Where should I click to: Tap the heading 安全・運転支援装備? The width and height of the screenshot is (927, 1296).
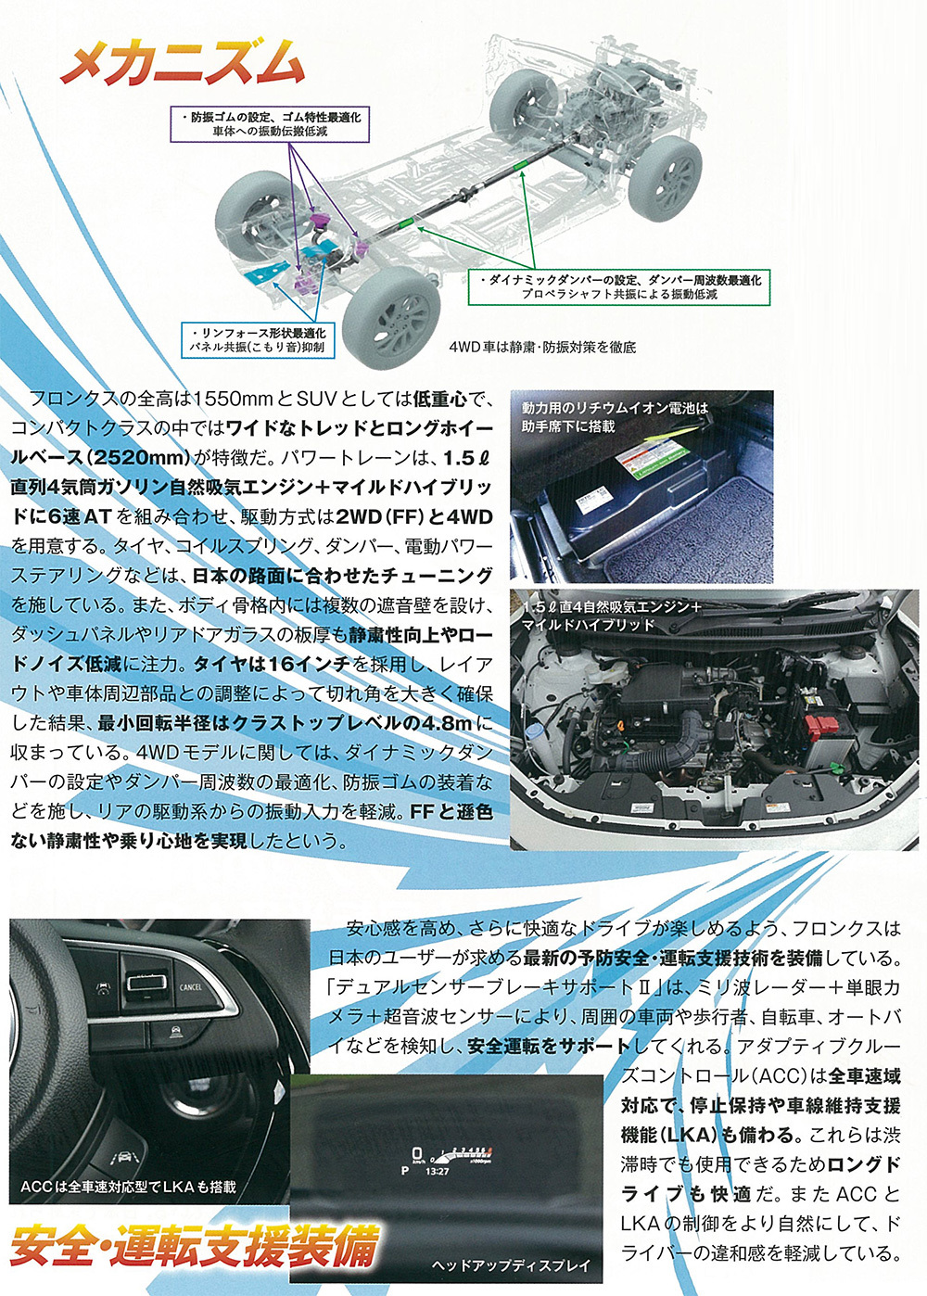click(195, 1245)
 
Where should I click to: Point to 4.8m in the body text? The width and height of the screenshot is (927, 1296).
click(447, 722)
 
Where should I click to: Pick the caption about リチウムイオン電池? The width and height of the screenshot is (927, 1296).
click(614, 416)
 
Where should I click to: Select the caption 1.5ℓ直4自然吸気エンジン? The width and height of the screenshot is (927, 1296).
click(611, 615)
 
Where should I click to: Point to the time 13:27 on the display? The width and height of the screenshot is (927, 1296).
click(437, 1172)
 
